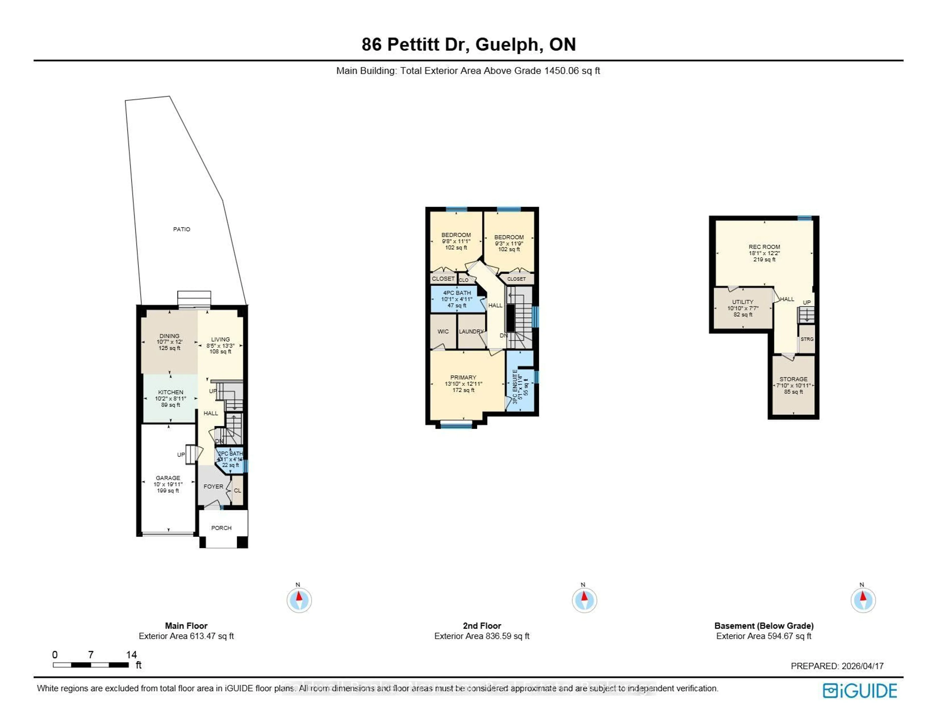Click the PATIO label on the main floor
[x=182, y=229]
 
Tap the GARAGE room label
[x=168, y=478]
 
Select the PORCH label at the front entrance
[x=221, y=528]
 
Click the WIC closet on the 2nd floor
[x=443, y=331]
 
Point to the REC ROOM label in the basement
[x=764, y=247]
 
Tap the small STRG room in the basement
[x=806, y=339]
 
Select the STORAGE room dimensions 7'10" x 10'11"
[x=793, y=385]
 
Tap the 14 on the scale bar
[x=131, y=654]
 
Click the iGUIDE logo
[x=860, y=691]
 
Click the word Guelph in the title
[x=507, y=45]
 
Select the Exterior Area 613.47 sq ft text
[x=186, y=636]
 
